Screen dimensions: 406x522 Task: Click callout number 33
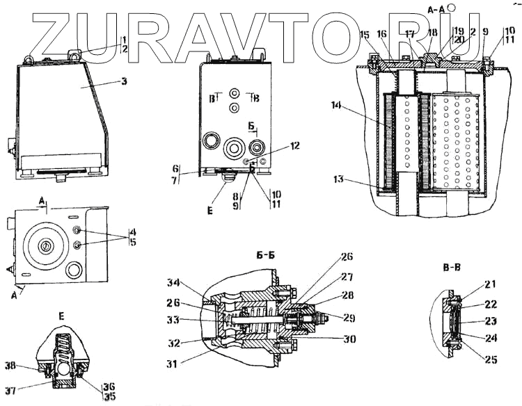point(173,320)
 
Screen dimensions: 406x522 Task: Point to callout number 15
point(365,34)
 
